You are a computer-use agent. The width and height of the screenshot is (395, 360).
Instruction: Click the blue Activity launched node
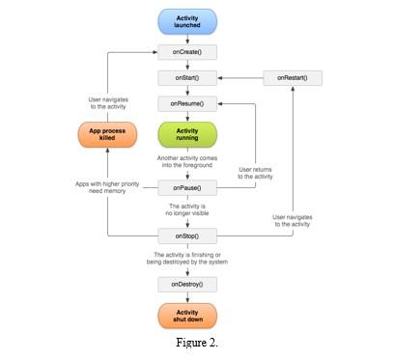[187, 22]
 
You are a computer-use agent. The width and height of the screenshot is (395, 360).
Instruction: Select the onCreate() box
[187, 51]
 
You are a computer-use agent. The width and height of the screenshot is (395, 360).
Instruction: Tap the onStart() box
[187, 76]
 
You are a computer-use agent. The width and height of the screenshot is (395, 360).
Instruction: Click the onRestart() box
[293, 76]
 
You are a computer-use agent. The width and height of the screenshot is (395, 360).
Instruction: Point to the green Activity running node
[187, 133]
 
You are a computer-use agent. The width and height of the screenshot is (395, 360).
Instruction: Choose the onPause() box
[187, 187]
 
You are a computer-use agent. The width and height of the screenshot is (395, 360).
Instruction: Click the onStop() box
[187, 234]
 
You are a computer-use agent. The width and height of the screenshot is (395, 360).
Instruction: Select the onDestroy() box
[187, 284]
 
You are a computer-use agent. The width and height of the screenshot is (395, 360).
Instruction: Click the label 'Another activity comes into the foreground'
[187, 164]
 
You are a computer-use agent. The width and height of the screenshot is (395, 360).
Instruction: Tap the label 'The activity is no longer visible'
[187, 210]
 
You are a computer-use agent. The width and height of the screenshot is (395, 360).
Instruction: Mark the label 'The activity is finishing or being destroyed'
[187, 258]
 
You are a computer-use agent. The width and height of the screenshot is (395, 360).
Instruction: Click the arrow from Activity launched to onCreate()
[187, 39]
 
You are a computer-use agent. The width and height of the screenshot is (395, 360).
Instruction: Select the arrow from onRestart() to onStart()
[241, 76]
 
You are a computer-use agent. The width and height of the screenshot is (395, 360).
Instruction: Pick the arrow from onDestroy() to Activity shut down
[187, 297]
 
